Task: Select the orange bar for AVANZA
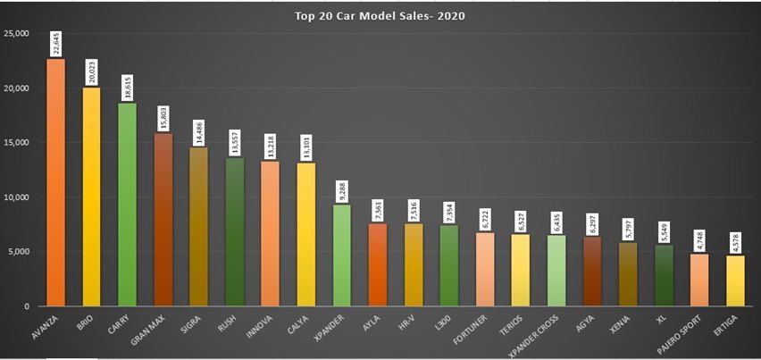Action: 55,183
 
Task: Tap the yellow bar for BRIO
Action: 91,197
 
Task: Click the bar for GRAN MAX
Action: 163,219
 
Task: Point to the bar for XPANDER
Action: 342,255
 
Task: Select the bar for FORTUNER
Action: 485,269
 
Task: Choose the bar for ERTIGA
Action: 735,280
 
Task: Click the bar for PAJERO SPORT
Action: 699,280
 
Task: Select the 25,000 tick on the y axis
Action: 17,34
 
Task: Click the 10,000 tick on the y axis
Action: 17,197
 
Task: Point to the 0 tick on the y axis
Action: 27,306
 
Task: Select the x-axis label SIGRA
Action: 191,323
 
